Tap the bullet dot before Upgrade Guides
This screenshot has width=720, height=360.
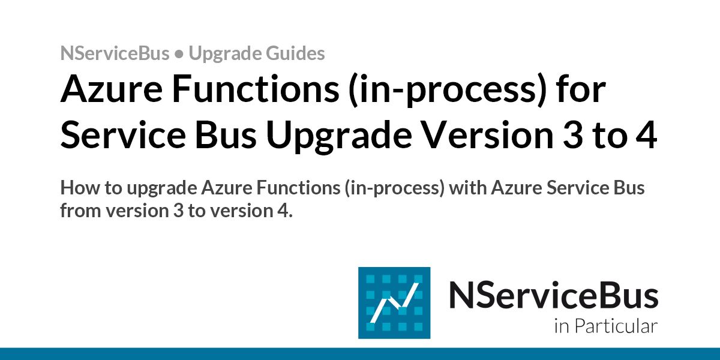coord(179,55)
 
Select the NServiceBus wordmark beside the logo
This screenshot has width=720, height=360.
coord(553,296)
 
